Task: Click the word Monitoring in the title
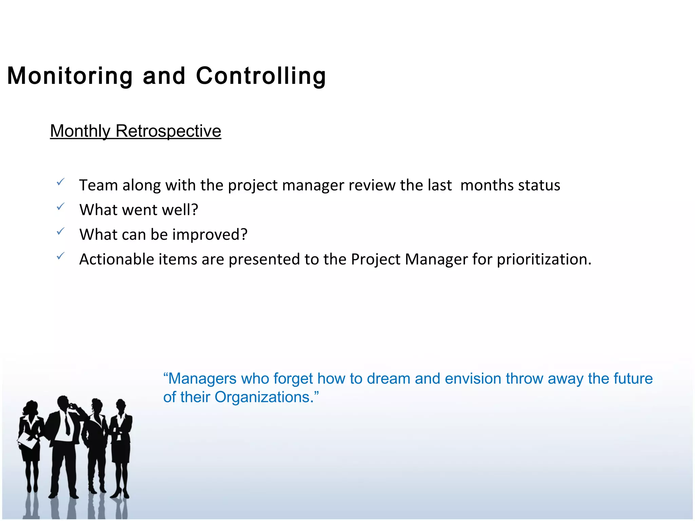70,76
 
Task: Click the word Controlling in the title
261,76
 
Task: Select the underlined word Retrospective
168,131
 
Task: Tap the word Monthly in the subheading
80,131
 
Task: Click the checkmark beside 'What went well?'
60,207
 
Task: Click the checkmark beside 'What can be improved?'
60,231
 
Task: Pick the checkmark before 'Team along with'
60,182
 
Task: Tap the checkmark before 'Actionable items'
60,256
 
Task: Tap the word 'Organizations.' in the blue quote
266,397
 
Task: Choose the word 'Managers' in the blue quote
202,379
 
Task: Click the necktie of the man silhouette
68,424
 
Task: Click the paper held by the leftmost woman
27,441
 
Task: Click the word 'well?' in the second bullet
180,210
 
